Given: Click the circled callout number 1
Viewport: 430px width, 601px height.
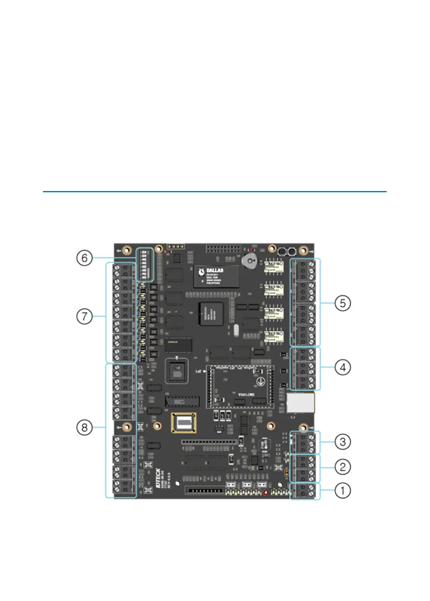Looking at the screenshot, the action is point(342,490).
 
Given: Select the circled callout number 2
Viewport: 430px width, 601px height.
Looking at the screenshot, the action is point(342,467).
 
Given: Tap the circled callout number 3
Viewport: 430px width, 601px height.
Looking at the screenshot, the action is point(342,442).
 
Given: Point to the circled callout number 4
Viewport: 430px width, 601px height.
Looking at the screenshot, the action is point(342,367).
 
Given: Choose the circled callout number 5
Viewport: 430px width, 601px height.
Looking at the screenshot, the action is point(342,303).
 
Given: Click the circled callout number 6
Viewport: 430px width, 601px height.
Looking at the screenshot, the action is point(84,258).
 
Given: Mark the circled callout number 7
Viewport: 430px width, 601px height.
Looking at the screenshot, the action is point(84,317).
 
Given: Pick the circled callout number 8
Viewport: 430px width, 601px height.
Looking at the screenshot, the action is point(84,428).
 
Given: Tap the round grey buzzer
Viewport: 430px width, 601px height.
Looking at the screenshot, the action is point(250,261).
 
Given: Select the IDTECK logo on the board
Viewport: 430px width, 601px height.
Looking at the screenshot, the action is point(158,478).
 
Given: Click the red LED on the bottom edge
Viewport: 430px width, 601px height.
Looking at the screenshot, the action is point(266,493).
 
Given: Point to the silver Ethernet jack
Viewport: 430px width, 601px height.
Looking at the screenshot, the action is point(300,403).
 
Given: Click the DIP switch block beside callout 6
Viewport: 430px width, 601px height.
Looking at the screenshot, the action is point(144,264).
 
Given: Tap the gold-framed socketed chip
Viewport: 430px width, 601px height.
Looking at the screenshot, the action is point(183,423).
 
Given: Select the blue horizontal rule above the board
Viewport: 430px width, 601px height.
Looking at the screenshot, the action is point(215,192).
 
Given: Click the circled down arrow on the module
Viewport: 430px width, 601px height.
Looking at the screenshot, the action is point(261,382).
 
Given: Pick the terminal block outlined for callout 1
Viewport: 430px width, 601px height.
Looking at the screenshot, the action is point(305,491).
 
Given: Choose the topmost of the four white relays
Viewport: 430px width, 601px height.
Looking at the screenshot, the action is point(274,267).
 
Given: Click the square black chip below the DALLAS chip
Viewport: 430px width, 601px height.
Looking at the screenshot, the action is point(211,314).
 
